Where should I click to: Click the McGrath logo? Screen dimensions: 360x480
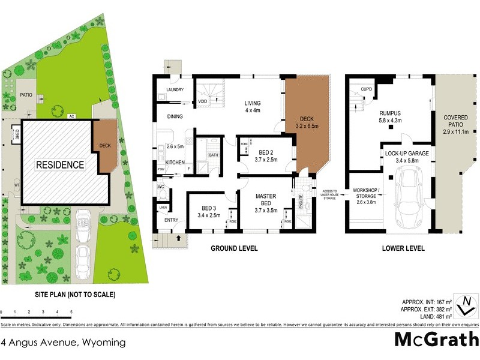(436, 340)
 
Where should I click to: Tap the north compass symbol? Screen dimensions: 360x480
(465, 305)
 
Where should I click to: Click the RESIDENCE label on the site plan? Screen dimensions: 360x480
(60, 164)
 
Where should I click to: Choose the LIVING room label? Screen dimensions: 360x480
(252, 106)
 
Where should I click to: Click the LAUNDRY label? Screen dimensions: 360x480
(171, 90)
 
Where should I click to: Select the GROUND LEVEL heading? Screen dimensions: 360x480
(234, 248)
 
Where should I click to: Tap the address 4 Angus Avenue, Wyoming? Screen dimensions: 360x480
(63, 343)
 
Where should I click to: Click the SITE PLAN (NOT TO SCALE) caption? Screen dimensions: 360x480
(75, 295)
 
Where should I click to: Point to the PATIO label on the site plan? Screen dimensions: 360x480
(26, 95)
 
